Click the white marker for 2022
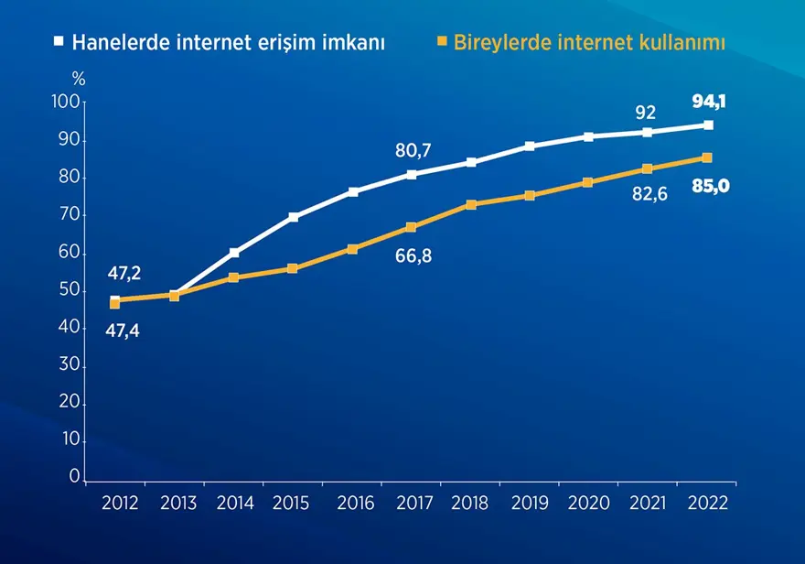(708, 125)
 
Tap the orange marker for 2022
(707, 157)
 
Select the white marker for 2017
(412, 174)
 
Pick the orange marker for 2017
(412, 227)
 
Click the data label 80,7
(413, 151)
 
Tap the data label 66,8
(413, 256)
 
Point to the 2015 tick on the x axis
(291, 503)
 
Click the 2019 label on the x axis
(530, 503)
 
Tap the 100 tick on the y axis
(67, 102)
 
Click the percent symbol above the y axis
(79, 80)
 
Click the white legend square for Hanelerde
(59, 42)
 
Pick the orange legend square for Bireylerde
(443, 42)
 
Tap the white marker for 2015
(293, 217)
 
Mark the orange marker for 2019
(530, 195)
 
